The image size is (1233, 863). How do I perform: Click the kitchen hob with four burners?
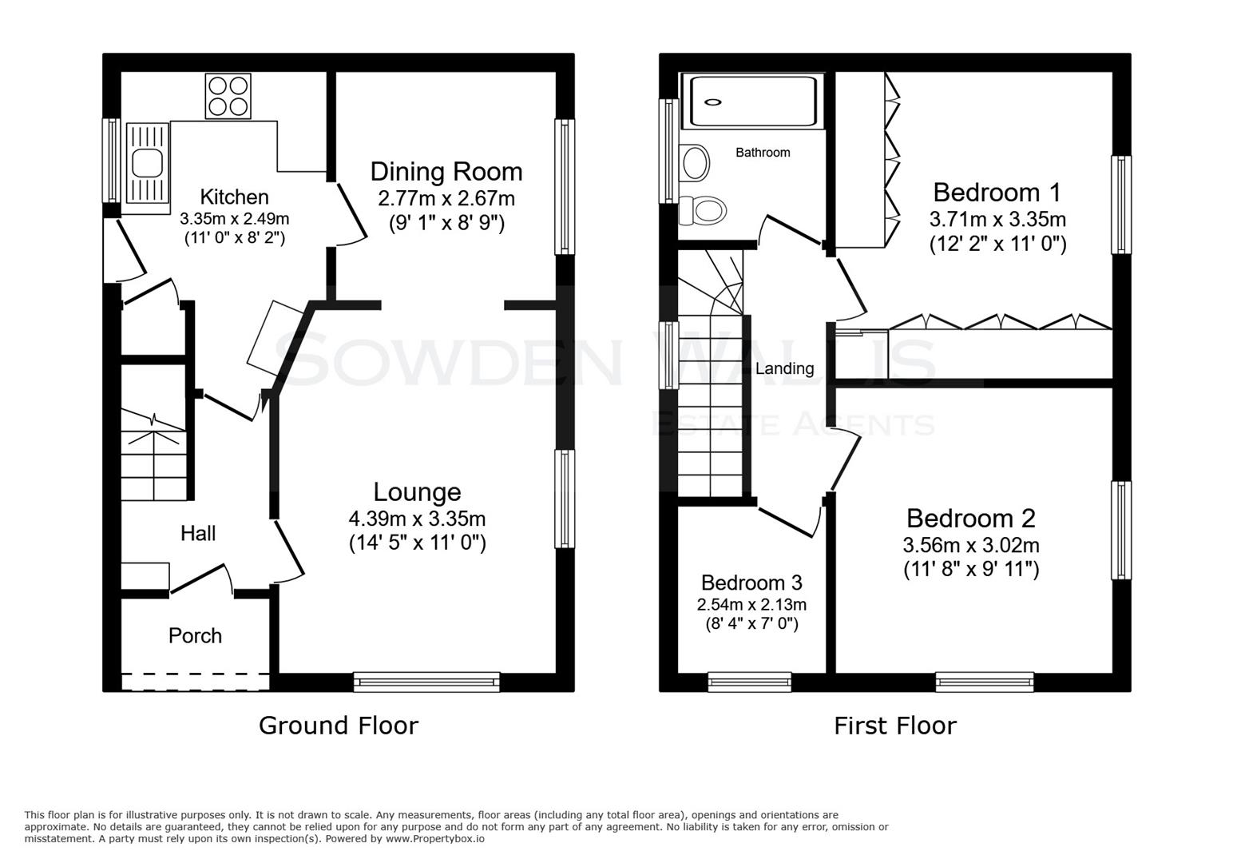click(228, 96)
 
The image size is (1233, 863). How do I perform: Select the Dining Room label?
click(446, 172)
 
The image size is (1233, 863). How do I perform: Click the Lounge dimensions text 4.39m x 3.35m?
click(417, 519)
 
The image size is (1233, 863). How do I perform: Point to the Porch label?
click(195, 636)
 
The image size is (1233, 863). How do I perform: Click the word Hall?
click(197, 534)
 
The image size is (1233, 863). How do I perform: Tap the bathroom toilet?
click(704, 212)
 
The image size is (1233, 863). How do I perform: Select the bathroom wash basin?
click(695, 163)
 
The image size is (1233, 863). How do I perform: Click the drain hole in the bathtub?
click(713, 101)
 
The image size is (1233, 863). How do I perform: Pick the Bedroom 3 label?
click(751, 583)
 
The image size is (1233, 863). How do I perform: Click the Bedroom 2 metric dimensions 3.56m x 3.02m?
click(971, 546)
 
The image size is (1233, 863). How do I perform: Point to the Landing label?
click(784, 368)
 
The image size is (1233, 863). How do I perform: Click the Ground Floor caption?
click(338, 726)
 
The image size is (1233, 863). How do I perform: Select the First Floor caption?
click(894, 726)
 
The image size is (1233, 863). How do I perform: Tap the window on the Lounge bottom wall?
click(426, 682)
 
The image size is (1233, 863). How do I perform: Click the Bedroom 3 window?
click(749, 682)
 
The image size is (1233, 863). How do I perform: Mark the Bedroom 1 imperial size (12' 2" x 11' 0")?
click(997, 244)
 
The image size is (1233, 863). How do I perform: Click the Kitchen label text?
click(234, 197)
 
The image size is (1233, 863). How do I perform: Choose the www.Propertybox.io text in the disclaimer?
click(434, 839)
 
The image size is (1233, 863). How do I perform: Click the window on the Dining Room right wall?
click(565, 187)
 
